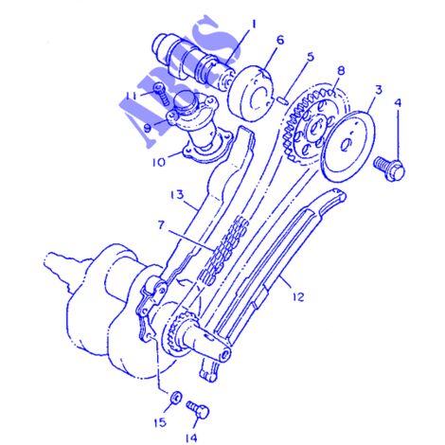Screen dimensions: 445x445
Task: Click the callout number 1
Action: click(x=254, y=25)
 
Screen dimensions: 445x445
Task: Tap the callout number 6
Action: click(x=280, y=41)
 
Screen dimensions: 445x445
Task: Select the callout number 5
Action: click(x=311, y=57)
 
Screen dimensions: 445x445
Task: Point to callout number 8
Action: click(x=341, y=72)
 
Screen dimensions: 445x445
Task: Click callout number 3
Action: click(x=379, y=90)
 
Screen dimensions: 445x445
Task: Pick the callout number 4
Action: click(x=399, y=103)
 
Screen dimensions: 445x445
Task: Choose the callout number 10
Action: click(x=159, y=162)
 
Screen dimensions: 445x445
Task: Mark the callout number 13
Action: click(x=177, y=195)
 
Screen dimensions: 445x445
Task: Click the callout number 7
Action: click(x=161, y=225)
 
